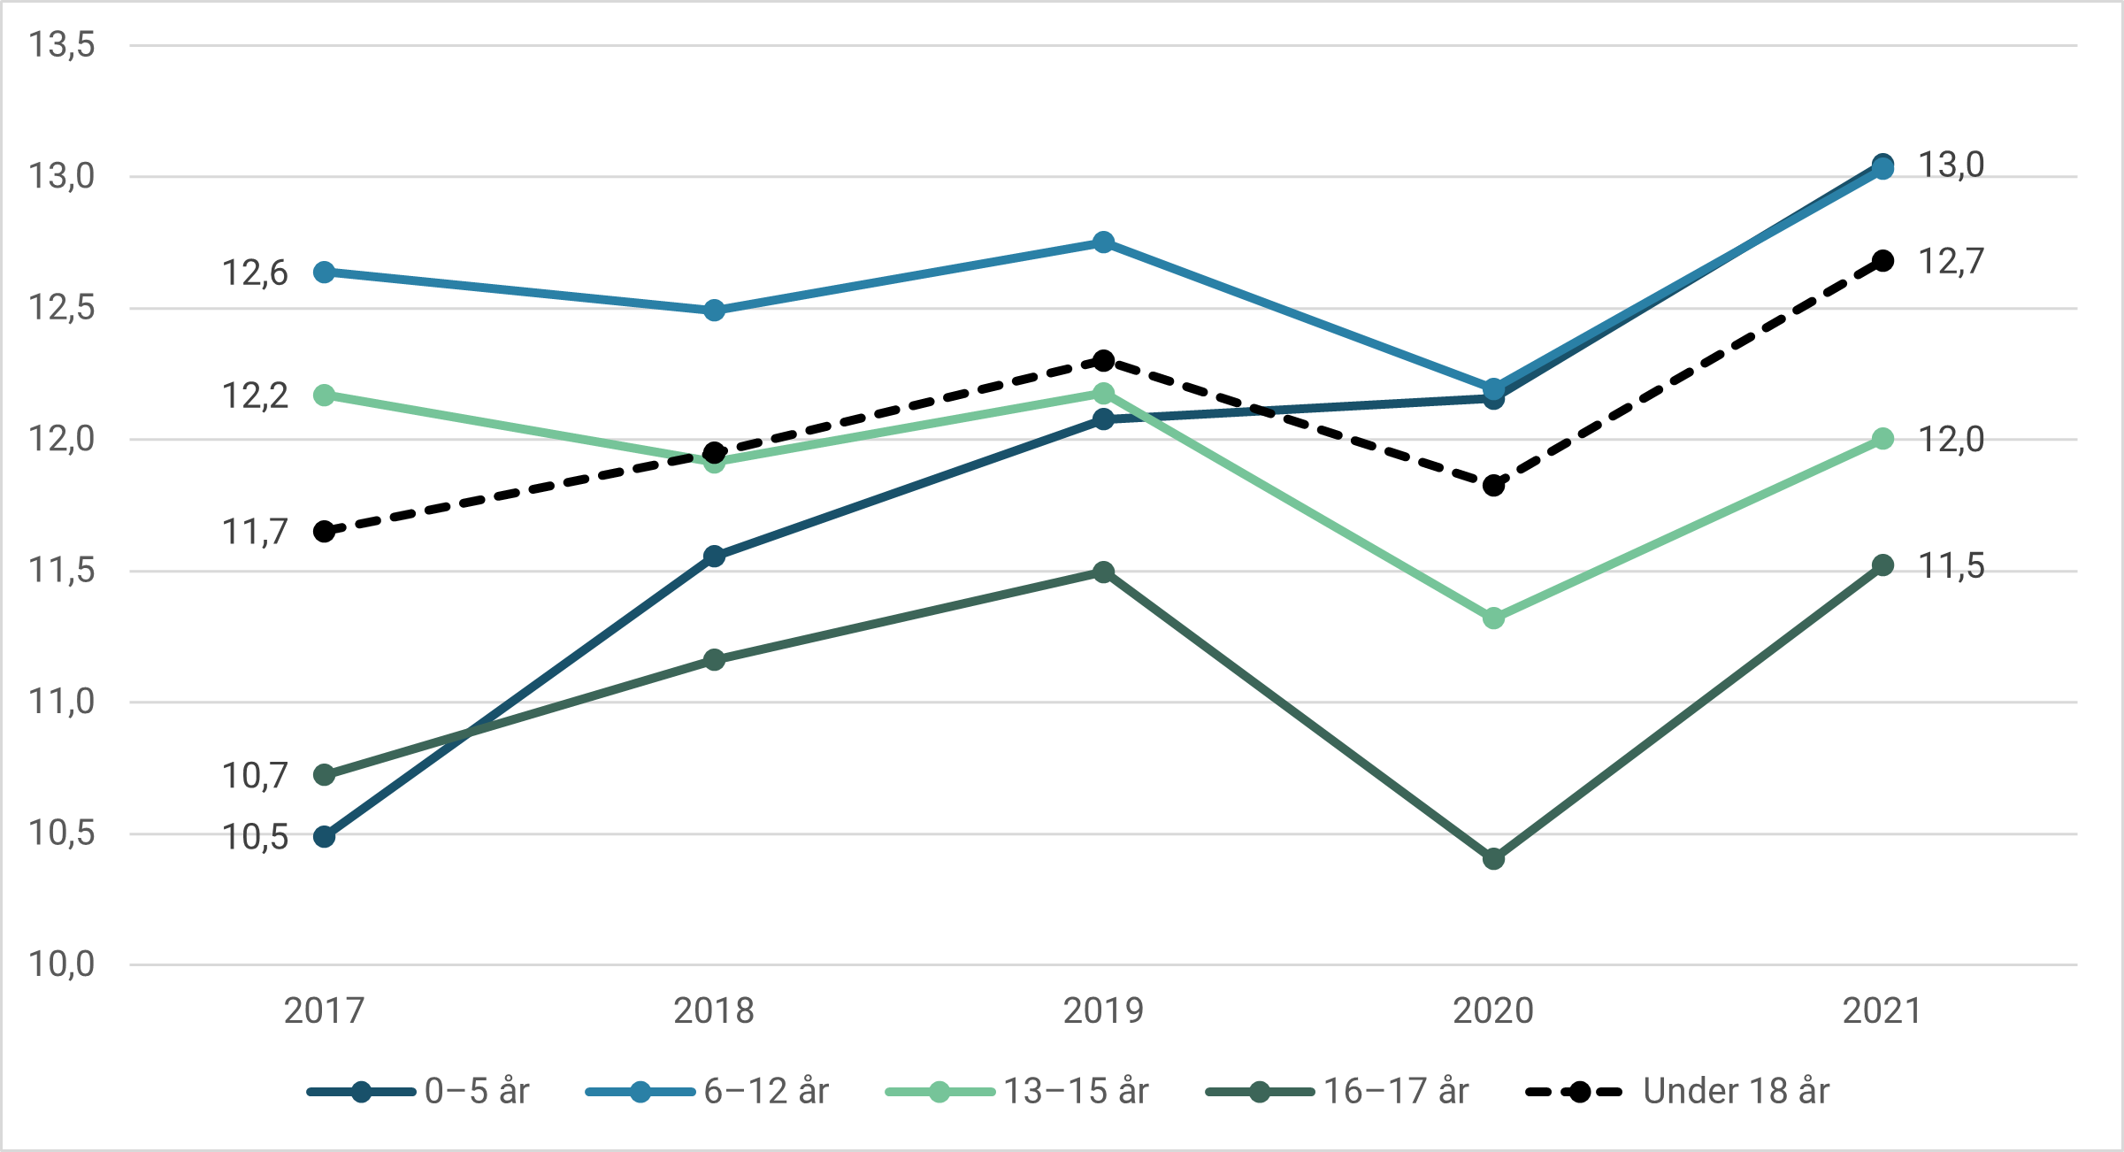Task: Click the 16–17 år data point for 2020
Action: point(1493,858)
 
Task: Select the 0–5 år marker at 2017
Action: point(325,836)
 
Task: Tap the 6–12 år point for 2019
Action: point(1103,242)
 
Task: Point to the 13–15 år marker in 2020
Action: point(1493,618)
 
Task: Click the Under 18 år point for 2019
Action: point(1103,360)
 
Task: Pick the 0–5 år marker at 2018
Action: point(714,556)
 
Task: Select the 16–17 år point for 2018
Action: point(714,659)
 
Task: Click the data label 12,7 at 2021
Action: point(1951,261)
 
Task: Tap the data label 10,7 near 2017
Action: point(254,775)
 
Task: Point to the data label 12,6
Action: point(254,273)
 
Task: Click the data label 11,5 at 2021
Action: point(1951,565)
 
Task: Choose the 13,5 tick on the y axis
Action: point(61,44)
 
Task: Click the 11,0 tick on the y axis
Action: point(61,702)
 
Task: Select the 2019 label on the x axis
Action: point(1103,1010)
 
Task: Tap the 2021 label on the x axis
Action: point(1882,1010)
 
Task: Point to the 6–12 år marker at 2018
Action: point(714,310)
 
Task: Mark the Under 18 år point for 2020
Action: point(1493,485)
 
